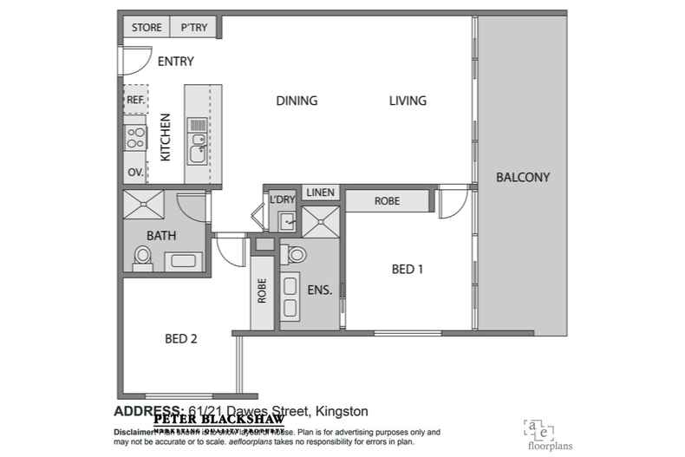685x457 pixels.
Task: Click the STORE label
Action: pos(147,28)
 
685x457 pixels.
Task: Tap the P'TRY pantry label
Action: pos(193,28)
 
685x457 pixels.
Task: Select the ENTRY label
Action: pos(175,62)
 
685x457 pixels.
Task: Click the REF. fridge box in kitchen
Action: pos(135,100)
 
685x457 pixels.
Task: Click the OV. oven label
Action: pos(135,173)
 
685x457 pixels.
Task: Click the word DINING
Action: pos(297,101)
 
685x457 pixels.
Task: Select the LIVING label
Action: pos(408,101)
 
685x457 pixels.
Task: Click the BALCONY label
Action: pos(523,178)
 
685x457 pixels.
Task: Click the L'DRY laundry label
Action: pos(283,199)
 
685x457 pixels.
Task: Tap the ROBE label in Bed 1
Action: pos(387,200)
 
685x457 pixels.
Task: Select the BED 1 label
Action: pos(408,270)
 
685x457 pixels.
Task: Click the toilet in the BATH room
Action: pos(143,258)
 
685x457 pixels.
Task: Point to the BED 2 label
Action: pos(181,339)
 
